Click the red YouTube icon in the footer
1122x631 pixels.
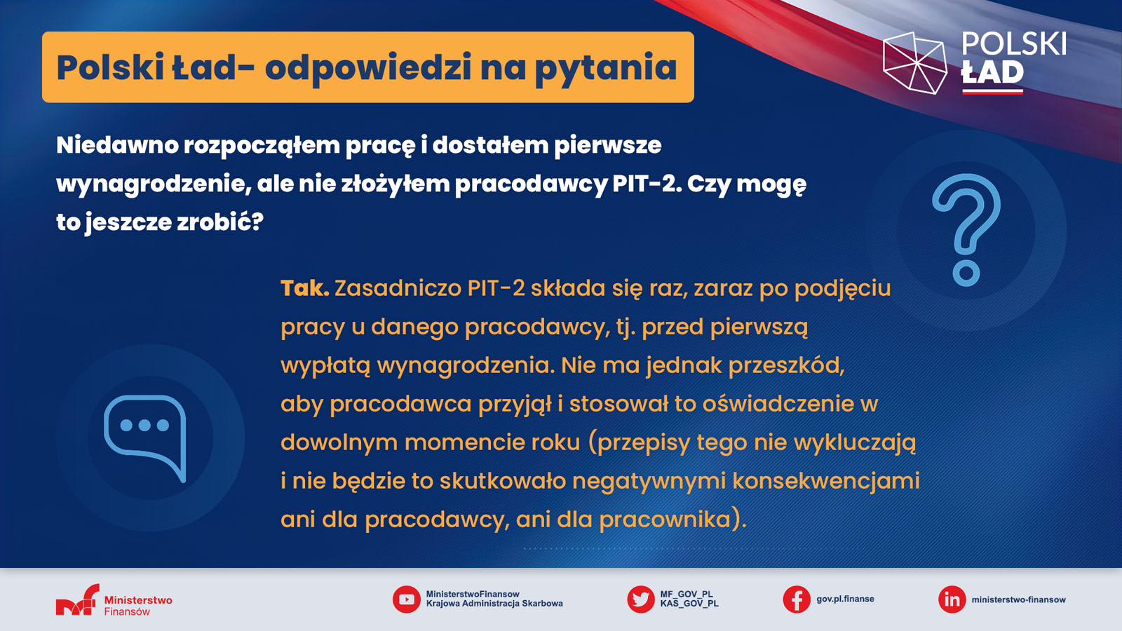point(406,599)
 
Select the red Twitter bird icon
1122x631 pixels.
point(641,599)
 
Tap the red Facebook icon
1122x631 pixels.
point(797,599)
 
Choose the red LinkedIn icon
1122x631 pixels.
point(952,599)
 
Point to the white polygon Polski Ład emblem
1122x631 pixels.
point(914,63)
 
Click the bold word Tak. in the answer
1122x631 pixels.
point(304,288)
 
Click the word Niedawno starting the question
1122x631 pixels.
point(117,145)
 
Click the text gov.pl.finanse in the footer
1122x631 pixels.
point(845,599)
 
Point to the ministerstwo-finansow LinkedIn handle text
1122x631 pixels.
point(1018,599)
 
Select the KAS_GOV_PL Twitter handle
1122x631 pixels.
point(689,604)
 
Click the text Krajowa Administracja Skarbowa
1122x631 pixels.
point(494,604)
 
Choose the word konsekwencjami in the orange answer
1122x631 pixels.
point(826,481)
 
